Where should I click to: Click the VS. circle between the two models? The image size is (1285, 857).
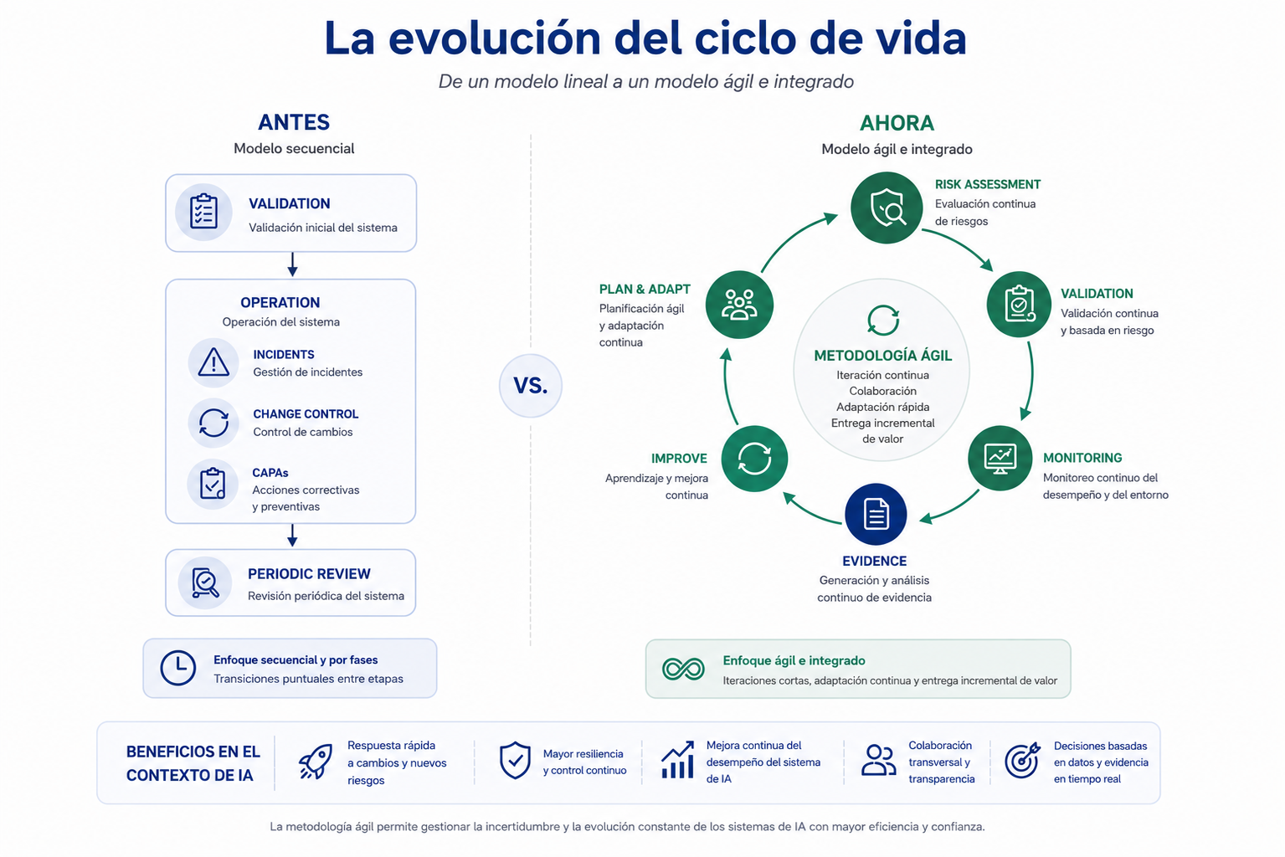pyautogui.click(x=530, y=386)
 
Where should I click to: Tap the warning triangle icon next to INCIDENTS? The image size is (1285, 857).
pyautogui.click(x=213, y=362)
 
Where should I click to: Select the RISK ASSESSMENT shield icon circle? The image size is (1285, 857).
pyautogui.click(x=887, y=208)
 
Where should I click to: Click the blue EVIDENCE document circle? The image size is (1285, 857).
pyautogui.click(x=876, y=514)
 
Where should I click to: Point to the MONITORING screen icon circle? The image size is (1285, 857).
pyautogui.click(x=1000, y=458)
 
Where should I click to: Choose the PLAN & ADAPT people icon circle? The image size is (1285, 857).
pyautogui.click(x=739, y=305)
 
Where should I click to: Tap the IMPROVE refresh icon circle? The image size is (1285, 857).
pyautogui.click(x=754, y=459)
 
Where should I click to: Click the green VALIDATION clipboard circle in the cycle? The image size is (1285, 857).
pyautogui.click(x=1019, y=304)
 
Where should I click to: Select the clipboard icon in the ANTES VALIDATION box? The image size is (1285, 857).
pyautogui.click(x=203, y=212)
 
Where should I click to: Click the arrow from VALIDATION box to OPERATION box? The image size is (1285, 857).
pyautogui.click(x=292, y=264)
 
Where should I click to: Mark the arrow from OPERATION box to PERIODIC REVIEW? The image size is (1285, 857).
pyautogui.click(x=292, y=535)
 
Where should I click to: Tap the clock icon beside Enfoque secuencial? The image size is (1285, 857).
pyautogui.click(x=177, y=668)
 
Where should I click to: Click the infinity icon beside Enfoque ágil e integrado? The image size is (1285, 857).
pyautogui.click(x=683, y=669)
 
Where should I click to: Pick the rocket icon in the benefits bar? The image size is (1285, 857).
pyautogui.click(x=316, y=762)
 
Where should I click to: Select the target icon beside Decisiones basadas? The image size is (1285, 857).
pyautogui.click(x=1022, y=761)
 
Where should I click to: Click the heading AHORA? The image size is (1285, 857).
pyautogui.click(x=897, y=123)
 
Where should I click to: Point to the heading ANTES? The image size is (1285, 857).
pyautogui.click(x=294, y=122)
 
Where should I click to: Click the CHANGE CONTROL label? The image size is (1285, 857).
pyautogui.click(x=306, y=414)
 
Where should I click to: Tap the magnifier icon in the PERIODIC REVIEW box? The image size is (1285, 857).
pyautogui.click(x=205, y=582)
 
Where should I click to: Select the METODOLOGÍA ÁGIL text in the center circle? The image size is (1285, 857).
pyautogui.click(x=883, y=356)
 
